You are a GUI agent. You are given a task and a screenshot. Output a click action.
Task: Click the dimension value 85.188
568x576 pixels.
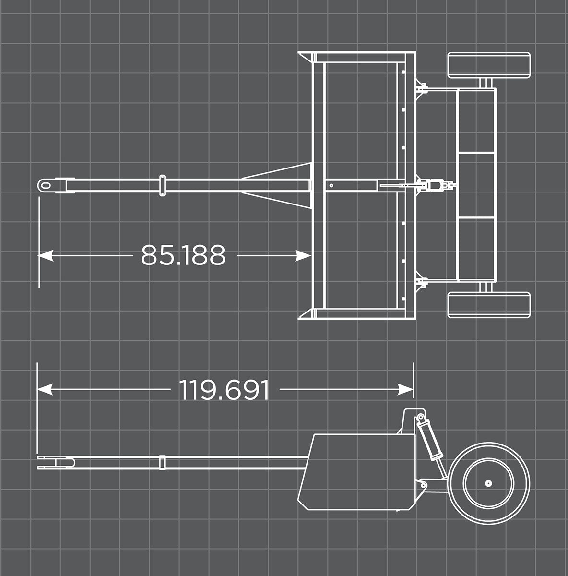coord(183,255)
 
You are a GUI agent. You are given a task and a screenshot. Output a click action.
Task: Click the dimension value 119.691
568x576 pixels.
coord(224,390)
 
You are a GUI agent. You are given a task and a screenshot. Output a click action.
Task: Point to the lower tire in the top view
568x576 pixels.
coord(489,305)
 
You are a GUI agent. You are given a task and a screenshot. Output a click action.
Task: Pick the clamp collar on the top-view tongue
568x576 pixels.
coord(162,185)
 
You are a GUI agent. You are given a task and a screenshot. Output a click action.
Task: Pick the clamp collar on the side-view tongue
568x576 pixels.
coord(162,462)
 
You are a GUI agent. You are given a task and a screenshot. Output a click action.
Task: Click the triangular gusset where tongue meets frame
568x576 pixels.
coord(283,185)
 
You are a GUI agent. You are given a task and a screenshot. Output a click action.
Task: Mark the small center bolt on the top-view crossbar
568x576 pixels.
coord(331,185)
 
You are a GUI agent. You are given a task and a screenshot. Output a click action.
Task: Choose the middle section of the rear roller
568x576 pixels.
coord(476,185)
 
